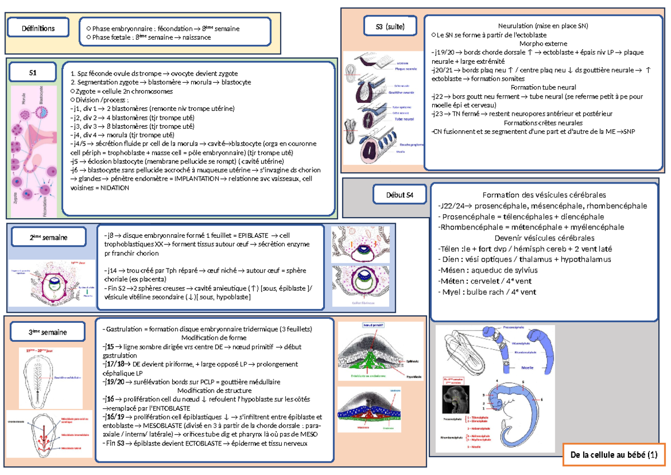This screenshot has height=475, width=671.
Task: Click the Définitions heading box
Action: pyautogui.click(x=38, y=27)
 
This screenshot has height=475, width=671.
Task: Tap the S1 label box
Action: pyautogui.click(x=32, y=73)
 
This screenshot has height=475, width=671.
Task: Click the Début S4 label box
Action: pyautogui.click(x=399, y=195)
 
